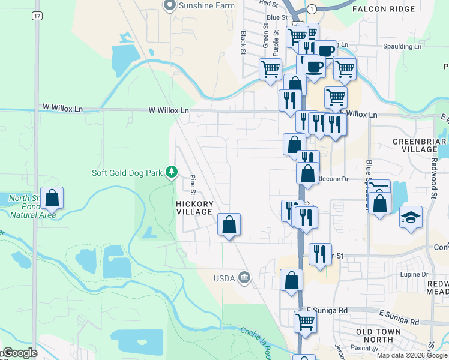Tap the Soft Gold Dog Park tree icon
pos(172,173)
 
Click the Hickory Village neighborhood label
pos(194,208)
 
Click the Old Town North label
pos(383,335)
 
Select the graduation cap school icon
pos(411,217)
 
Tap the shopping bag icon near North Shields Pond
pos(52,198)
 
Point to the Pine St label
pos(193,185)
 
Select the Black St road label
pos(243,43)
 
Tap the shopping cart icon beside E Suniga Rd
pos(305,322)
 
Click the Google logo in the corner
pos(19,353)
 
